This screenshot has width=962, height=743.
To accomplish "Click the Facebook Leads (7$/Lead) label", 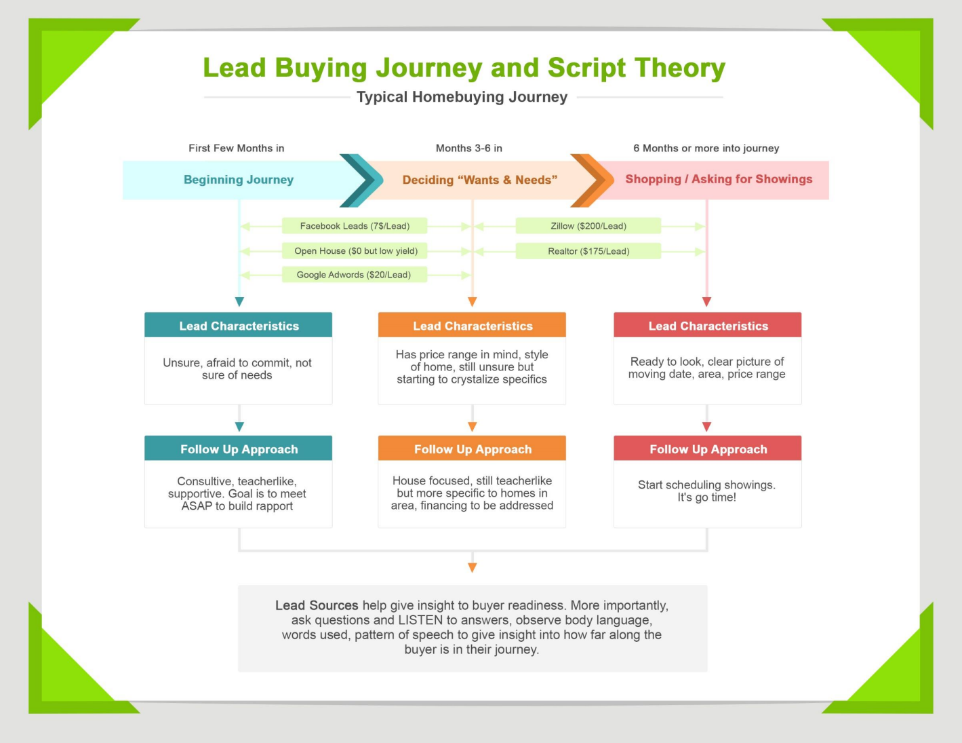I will pyautogui.click(x=355, y=226).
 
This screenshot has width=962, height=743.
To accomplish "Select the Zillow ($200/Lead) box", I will pyautogui.click(x=588, y=226).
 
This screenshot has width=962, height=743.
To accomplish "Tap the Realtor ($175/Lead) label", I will pyautogui.click(x=588, y=251).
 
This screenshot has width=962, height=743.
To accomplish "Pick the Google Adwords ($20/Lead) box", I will pyautogui.click(x=354, y=275).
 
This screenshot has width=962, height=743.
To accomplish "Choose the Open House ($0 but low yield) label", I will pyautogui.click(x=356, y=251).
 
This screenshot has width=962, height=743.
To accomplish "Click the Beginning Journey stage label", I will pyautogui.click(x=239, y=180).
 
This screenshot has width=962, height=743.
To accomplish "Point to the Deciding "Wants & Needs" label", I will pyautogui.click(x=480, y=180).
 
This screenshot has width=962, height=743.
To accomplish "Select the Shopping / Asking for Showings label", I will pyautogui.click(x=719, y=179).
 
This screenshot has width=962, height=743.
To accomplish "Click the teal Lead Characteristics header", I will pyautogui.click(x=239, y=326).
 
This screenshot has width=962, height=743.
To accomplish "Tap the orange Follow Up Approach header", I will pyautogui.click(x=473, y=449).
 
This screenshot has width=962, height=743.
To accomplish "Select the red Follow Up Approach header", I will pyautogui.click(x=708, y=449).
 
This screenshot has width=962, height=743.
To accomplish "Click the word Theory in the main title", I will pyautogui.click(x=680, y=68).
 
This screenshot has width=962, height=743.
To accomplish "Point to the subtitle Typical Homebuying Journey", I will pyautogui.click(x=462, y=97).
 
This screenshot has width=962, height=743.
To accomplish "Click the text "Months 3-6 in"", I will pyautogui.click(x=469, y=148).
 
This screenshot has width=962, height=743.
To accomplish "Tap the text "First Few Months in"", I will pyautogui.click(x=237, y=148).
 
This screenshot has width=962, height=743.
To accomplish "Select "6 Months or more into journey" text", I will pyautogui.click(x=706, y=148).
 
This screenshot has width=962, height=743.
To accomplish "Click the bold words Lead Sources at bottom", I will pyautogui.click(x=317, y=605).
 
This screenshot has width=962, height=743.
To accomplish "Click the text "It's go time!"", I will pyautogui.click(x=706, y=497).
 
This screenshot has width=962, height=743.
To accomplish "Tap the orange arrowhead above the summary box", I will pyautogui.click(x=473, y=567).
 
